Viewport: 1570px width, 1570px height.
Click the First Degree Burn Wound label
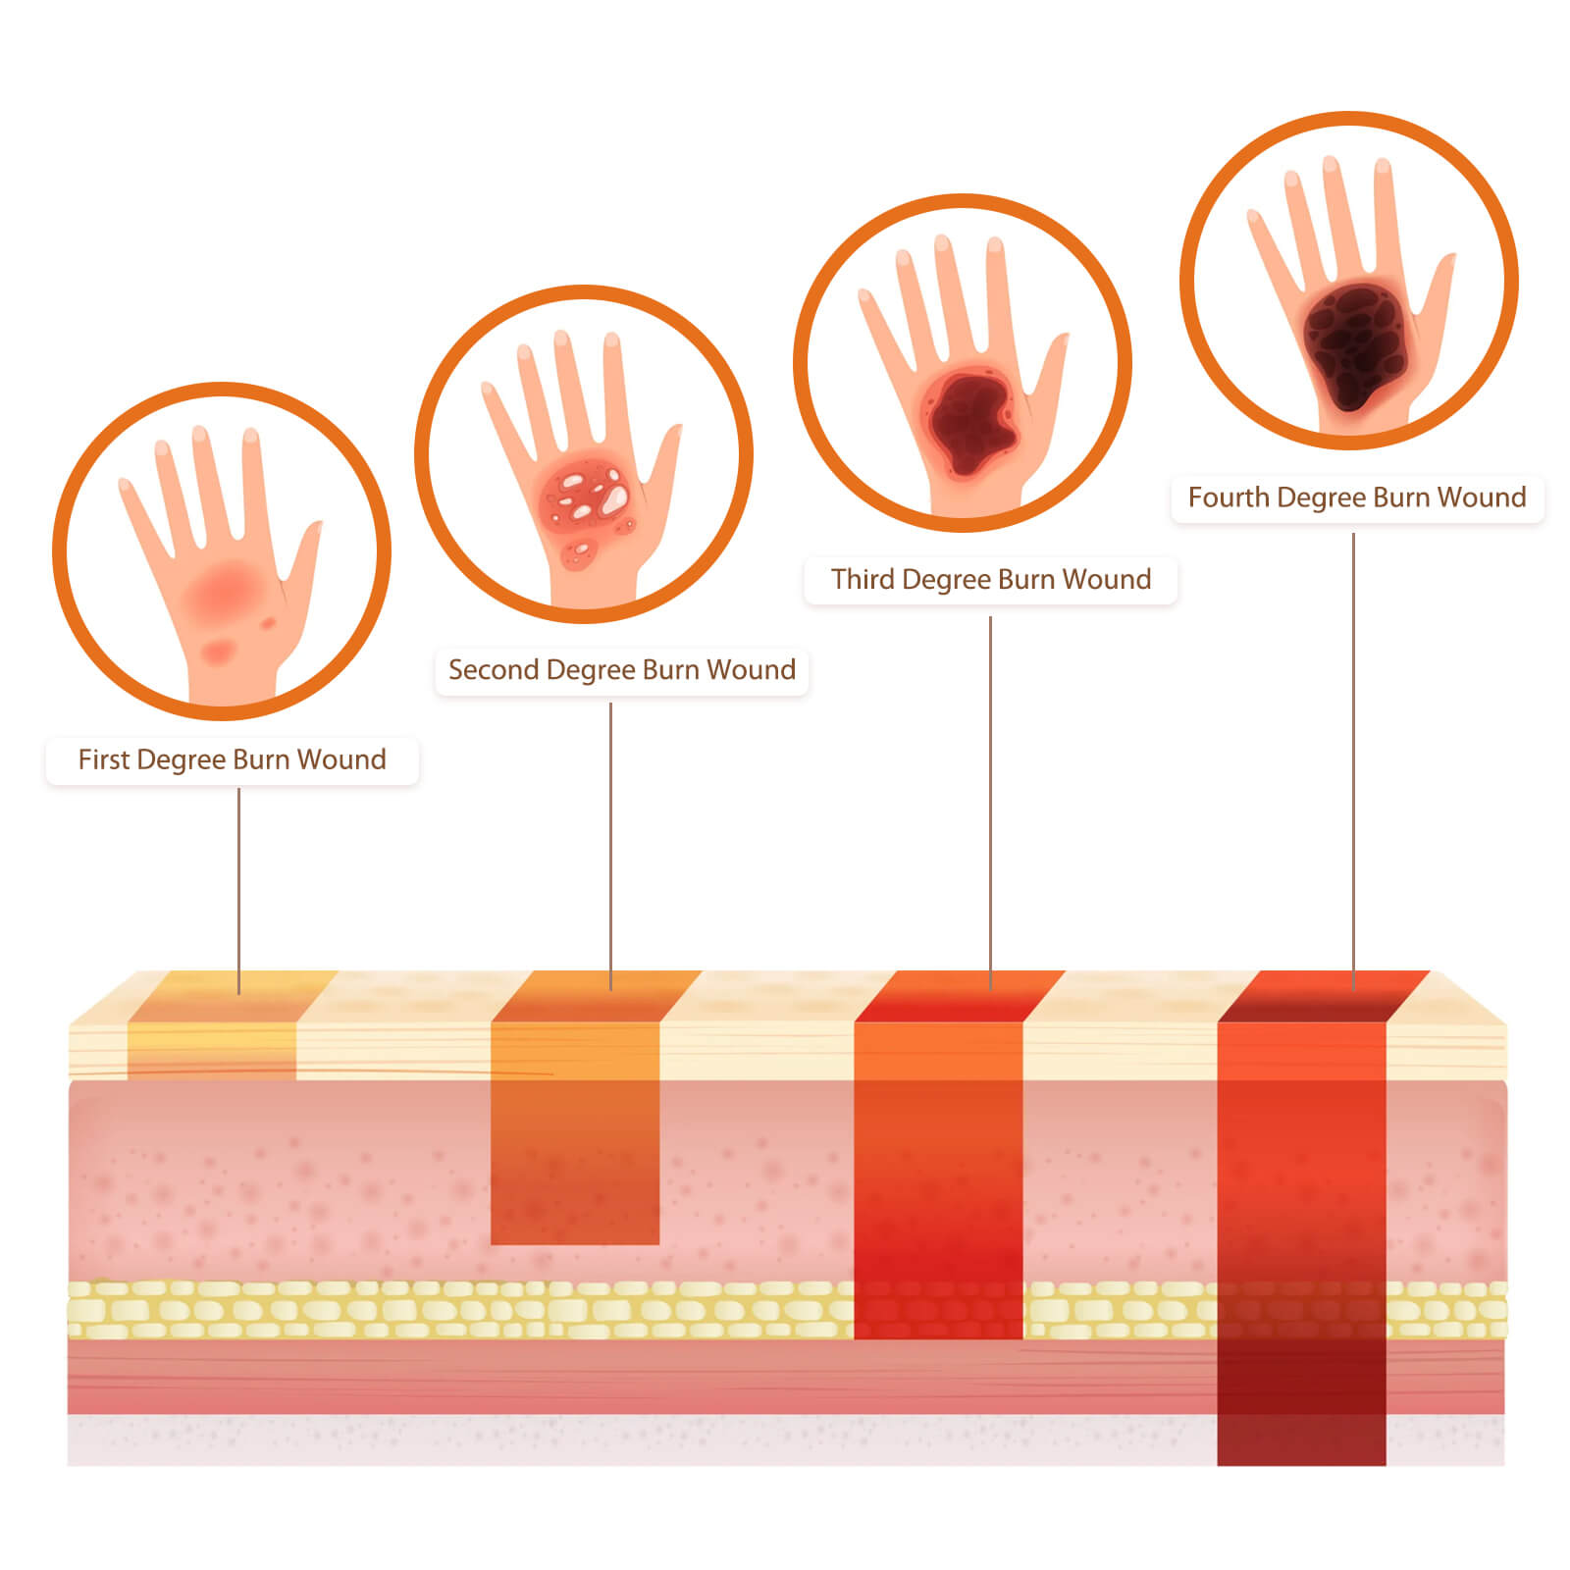[x=232, y=760]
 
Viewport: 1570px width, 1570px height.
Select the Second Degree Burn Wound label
[x=621, y=670]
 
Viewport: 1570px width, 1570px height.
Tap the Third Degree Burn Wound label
[x=991, y=580]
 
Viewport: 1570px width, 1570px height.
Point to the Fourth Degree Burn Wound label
[x=1357, y=497]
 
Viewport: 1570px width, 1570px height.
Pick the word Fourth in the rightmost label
[x=1229, y=497]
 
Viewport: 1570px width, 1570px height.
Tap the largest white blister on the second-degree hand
[x=615, y=499]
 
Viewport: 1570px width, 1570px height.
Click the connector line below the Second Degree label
[x=610, y=846]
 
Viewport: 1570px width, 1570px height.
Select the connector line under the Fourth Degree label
[x=1354, y=760]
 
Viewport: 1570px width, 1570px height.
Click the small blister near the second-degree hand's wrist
[x=578, y=552]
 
